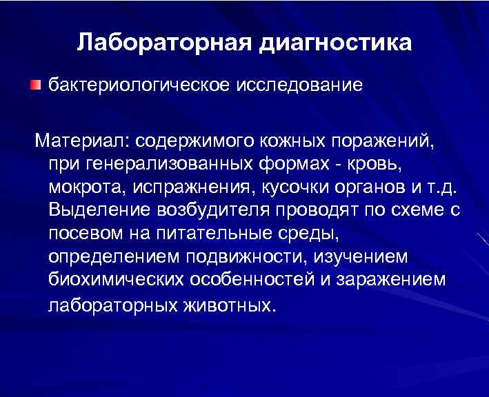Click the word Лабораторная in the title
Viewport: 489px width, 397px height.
pyautogui.click(x=166, y=42)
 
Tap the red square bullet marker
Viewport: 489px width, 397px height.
pyautogui.click(x=35, y=85)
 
